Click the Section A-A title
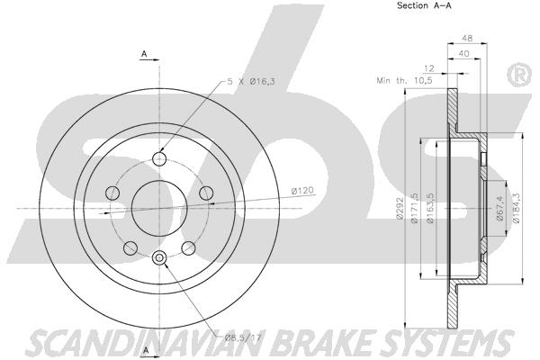point(424,5)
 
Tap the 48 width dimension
point(467,38)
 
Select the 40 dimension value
point(463,53)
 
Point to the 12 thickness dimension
point(428,68)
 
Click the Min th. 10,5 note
point(404,81)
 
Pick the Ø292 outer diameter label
point(400,209)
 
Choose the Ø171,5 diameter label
point(414,209)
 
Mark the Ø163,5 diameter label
point(430,209)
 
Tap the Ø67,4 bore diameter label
point(500,209)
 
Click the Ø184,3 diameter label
point(516,209)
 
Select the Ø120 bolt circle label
point(302,190)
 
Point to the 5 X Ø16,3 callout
point(251,82)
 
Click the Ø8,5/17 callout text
point(243,337)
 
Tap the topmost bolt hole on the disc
point(159,158)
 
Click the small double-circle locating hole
point(159,257)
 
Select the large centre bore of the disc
point(159,208)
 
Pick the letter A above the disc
point(145,53)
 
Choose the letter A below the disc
point(146,350)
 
